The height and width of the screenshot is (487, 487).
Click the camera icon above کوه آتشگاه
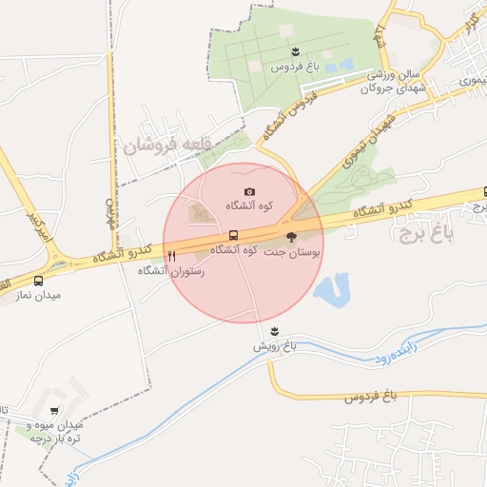point(249,192)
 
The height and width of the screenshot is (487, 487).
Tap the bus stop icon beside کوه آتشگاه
point(233,235)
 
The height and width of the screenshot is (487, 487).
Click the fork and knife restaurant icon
point(171,255)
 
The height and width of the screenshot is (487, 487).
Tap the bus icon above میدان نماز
point(38,282)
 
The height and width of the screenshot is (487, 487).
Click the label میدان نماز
point(38,296)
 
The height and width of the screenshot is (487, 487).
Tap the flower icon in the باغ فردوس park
point(296,50)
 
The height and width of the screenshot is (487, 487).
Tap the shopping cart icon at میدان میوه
point(54,411)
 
